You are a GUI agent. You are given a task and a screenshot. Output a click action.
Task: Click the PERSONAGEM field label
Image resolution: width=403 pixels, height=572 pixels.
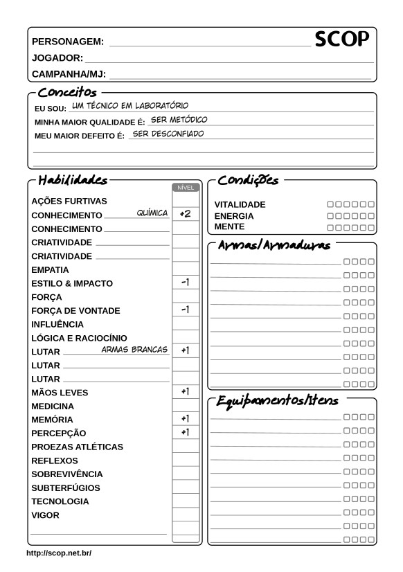pyautogui.click(x=68, y=42)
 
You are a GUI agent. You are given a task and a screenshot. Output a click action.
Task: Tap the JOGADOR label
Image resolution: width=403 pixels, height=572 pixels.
pyautogui.click(x=57, y=58)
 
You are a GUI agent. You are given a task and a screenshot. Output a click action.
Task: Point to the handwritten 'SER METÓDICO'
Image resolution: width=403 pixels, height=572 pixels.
pyautogui.click(x=179, y=119)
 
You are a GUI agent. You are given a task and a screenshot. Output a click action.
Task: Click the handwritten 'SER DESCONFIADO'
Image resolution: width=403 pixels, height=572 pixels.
pyautogui.click(x=168, y=133)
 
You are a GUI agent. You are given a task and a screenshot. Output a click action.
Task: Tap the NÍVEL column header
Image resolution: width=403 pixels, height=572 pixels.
pyautogui.click(x=186, y=187)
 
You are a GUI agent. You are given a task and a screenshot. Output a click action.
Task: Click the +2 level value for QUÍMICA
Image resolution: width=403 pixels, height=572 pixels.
pyautogui.click(x=185, y=214)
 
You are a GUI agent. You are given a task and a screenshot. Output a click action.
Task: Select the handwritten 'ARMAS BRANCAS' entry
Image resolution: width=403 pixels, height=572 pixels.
pyautogui.click(x=135, y=350)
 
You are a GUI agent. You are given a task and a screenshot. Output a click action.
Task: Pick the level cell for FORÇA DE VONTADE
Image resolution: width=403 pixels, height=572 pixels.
pyautogui.click(x=185, y=310)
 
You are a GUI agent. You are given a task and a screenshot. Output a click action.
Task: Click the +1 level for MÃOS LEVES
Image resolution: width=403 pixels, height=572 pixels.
pyautogui.click(x=185, y=391)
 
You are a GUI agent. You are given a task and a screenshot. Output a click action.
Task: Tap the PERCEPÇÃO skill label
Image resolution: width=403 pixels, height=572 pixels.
pyautogui.click(x=59, y=433)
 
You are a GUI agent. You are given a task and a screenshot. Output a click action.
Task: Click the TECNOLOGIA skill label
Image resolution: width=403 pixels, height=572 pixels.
pyautogui.click(x=60, y=501)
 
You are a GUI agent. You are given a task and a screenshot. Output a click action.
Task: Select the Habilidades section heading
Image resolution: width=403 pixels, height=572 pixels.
pyautogui.click(x=73, y=181)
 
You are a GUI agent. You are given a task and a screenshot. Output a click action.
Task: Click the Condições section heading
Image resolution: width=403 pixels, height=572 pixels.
pyautogui.click(x=248, y=181)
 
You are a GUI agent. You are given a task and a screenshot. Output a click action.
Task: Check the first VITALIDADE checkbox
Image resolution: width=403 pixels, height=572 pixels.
pyautogui.click(x=330, y=205)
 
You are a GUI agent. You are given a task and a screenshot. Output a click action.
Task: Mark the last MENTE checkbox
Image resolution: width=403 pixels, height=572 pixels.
pyautogui.click(x=371, y=227)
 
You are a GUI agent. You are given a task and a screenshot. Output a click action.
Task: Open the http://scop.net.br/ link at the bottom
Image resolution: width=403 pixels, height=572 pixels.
pyautogui.click(x=59, y=553)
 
